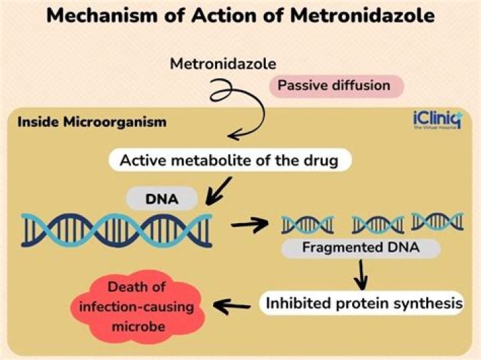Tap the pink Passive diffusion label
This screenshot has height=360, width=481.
pyautogui.click(x=333, y=85)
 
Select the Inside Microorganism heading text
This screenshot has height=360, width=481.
pyautogui.click(x=92, y=123)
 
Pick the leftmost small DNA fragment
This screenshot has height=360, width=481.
pyautogui.click(x=307, y=224)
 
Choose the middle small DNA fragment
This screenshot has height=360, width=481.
pyautogui.click(x=377, y=224)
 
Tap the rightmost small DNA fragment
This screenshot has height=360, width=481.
pyautogui.click(x=437, y=221)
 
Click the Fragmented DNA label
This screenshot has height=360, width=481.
pyautogui.click(x=361, y=248)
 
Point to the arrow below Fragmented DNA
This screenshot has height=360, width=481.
pyautogui.click(x=361, y=273)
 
